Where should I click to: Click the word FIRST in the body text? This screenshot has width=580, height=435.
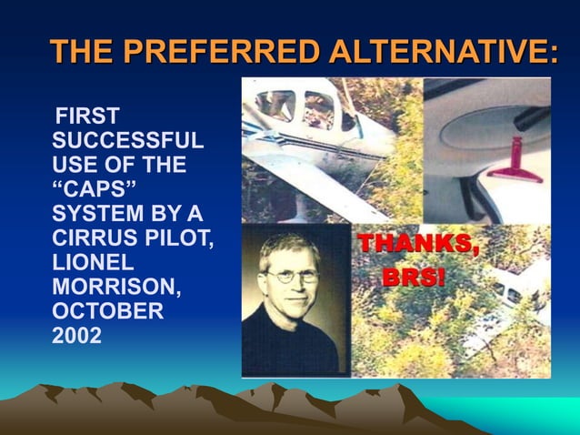coord(87,117)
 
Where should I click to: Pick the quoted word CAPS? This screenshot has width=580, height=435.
coord(94,190)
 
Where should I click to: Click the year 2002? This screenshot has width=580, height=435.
coord(77,335)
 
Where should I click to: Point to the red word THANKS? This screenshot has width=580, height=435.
coord(418,244)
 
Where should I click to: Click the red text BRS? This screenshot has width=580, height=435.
coord(415,276)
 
